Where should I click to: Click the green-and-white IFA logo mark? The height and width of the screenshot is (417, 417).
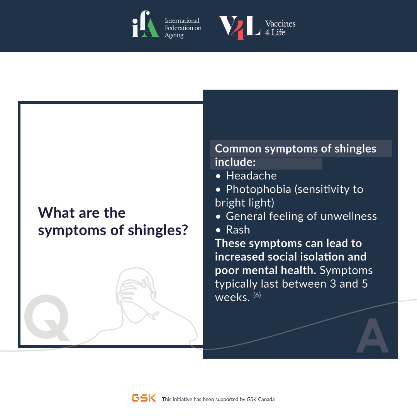pos(146,24)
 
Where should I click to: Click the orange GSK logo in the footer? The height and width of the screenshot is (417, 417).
pos(144,398)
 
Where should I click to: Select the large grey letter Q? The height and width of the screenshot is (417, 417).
pos(47,317)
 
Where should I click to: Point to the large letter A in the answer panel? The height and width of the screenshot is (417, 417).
pos(372,336)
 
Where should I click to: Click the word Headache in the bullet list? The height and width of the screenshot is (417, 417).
pos(251,176)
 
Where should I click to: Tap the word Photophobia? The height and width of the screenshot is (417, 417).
pos(258,189)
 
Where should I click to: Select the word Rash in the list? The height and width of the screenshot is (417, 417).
pos(238,230)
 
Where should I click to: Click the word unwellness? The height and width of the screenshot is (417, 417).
pos(349,216)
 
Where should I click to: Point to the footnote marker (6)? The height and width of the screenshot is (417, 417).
pos(257,295)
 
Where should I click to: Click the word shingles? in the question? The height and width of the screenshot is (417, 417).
pos(158,230)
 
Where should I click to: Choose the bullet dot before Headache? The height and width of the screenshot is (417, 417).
pos(218,176)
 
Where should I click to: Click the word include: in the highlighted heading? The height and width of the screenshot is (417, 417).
pos(235,162)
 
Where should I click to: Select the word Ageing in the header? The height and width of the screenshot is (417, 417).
pos(174,36)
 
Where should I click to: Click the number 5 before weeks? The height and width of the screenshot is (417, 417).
pos(365,284)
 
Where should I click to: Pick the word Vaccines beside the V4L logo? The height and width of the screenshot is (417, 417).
pos(280,24)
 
